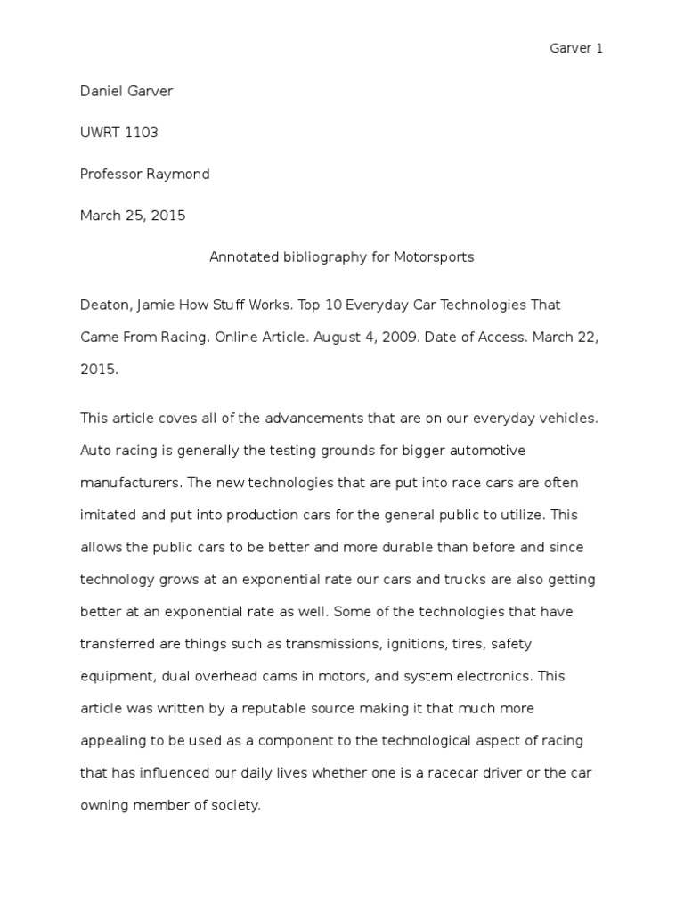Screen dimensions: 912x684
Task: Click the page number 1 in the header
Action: (599, 48)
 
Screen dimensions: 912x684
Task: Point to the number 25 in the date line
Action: (134, 216)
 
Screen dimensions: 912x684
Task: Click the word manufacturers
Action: (128, 483)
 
